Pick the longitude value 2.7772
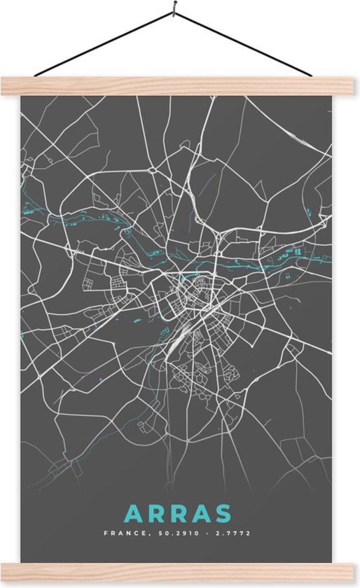point(233,533)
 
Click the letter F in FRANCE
point(106,533)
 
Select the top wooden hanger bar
point(180,85)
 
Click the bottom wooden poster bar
point(180,573)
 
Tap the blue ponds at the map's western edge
point(30,208)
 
